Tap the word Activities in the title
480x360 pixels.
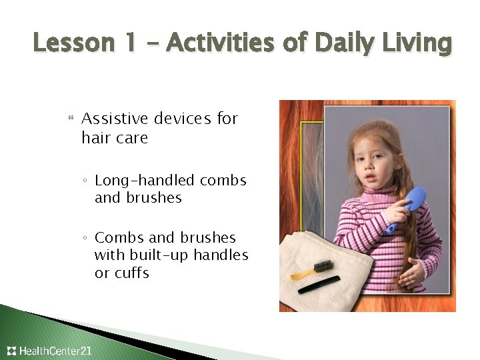point(221,43)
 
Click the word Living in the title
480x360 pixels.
point(419,43)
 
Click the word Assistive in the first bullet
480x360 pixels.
point(115,119)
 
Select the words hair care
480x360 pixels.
point(115,138)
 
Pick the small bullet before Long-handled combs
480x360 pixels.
point(87,181)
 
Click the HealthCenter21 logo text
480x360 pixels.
point(56,351)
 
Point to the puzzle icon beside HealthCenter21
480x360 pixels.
point(11,351)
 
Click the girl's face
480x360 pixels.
point(370,163)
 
